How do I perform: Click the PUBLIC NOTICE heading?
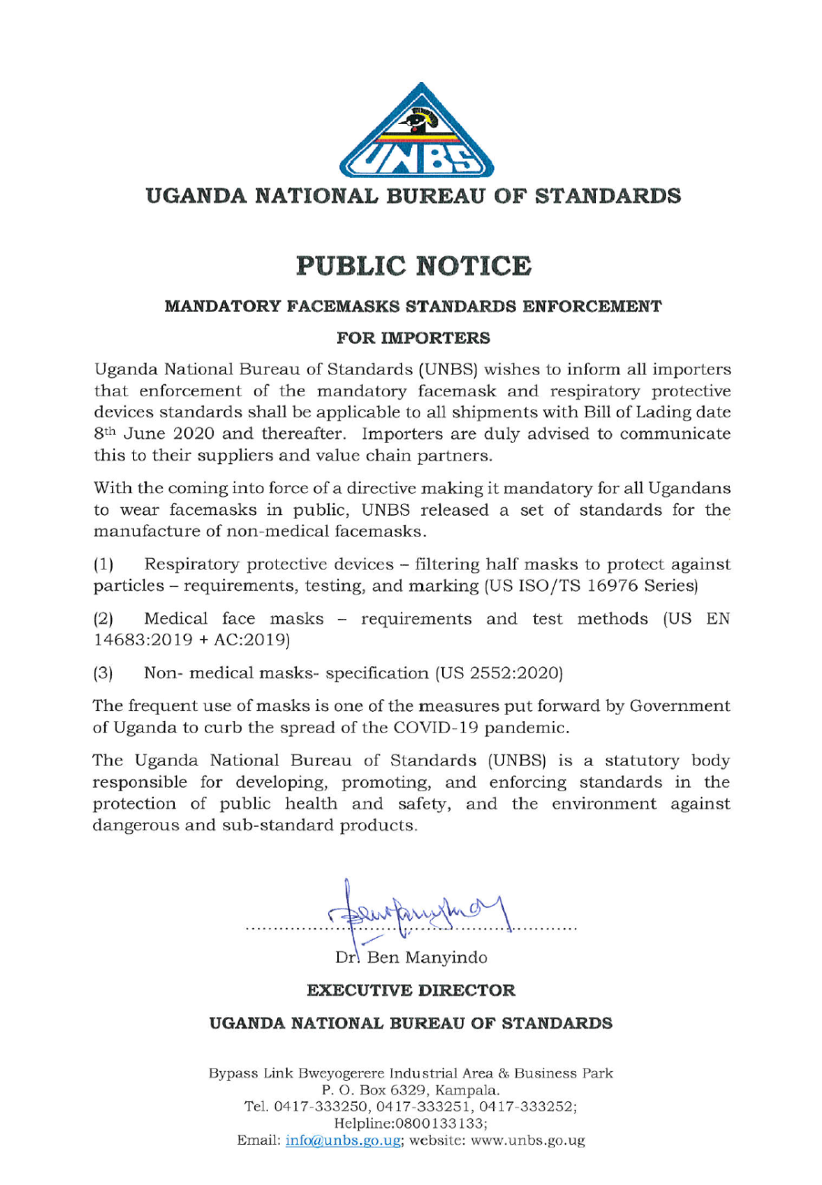[413, 266]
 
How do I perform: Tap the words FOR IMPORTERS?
[413, 338]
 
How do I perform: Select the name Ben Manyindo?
[427, 958]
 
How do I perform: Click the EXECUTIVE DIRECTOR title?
[411, 990]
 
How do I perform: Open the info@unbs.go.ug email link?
[343, 1141]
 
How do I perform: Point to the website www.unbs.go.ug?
[527, 1141]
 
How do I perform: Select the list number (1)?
[104, 564]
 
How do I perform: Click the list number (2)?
[104, 619]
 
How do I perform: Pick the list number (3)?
[104, 673]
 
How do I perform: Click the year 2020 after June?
[193, 434]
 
